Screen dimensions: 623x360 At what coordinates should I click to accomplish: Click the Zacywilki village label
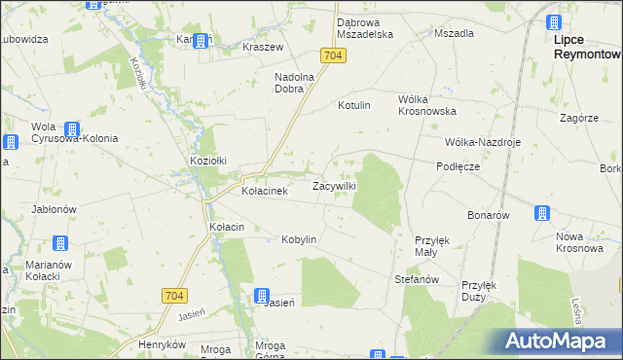334,186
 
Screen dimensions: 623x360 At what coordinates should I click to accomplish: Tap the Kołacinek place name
264,192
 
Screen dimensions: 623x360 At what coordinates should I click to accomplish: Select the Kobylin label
299,239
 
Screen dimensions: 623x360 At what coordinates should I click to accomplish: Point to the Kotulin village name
354,105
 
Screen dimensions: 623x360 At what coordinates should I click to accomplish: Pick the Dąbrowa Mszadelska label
364,27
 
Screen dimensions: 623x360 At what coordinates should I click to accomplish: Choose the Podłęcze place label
458,166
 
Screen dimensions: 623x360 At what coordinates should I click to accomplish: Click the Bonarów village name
489,215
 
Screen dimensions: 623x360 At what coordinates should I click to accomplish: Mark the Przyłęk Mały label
432,245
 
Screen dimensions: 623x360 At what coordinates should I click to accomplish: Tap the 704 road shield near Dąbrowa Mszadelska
333,55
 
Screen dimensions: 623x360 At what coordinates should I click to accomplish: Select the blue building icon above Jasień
262,296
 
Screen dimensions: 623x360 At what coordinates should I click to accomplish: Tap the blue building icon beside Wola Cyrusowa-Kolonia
72,129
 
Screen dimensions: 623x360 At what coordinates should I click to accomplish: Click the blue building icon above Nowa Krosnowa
541,213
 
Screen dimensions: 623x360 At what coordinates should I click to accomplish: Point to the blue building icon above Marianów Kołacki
59,243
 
